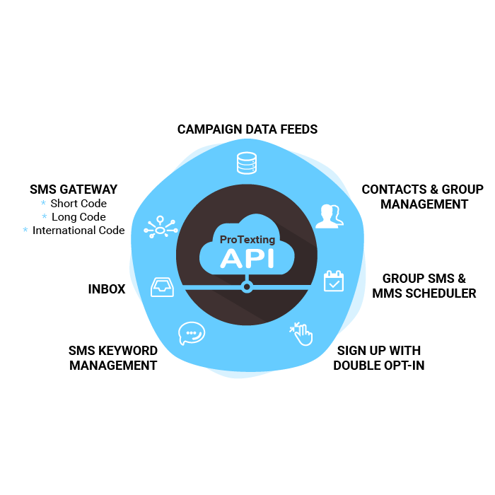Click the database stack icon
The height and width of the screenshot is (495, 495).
click(x=247, y=163)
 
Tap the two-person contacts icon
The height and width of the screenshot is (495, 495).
click(x=329, y=216)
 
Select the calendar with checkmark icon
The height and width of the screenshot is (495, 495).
click(x=333, y=281)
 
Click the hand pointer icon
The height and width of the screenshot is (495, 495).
click(x=302, y=334)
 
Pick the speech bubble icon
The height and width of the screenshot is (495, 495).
click(x=191, y=332)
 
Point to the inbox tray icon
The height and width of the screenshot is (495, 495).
click(x=162, y=286)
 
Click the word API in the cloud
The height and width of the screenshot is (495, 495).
click(x=247, y=257)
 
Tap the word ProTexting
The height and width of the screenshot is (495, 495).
click(x=247, y=240)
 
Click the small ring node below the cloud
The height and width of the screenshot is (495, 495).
click(x=247, y=286)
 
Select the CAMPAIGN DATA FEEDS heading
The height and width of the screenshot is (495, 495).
click(x=248, y=129)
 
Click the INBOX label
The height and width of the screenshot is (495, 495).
click(x=107, y=289)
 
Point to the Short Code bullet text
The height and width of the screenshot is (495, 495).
click(x=78, y=204)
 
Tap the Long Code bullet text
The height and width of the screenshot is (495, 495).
click(x=78, y=217)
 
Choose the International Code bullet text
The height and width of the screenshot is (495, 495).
click(x=78, y=231)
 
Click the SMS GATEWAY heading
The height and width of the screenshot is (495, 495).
click(x=74, y=190)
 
